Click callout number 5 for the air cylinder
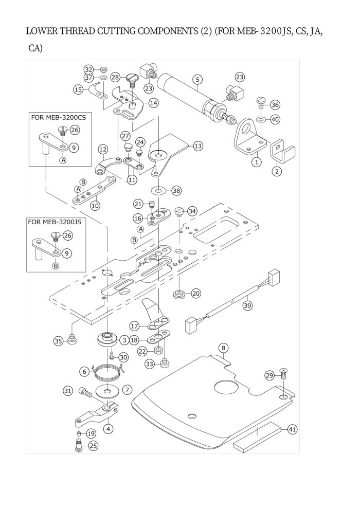click(197, 80)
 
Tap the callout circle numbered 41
click(293, 429)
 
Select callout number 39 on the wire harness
click(247, 305)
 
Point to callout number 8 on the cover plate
click(223, 348)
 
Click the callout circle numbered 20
click(196, 294)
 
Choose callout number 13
click(198, 146)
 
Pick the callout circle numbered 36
click(275, 104)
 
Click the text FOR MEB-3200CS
click(59, 117)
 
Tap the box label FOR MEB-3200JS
click(55, 222)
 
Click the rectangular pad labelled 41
click(257, 437)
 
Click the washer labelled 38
click(158, 190)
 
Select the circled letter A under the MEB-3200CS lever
click(63, 160)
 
